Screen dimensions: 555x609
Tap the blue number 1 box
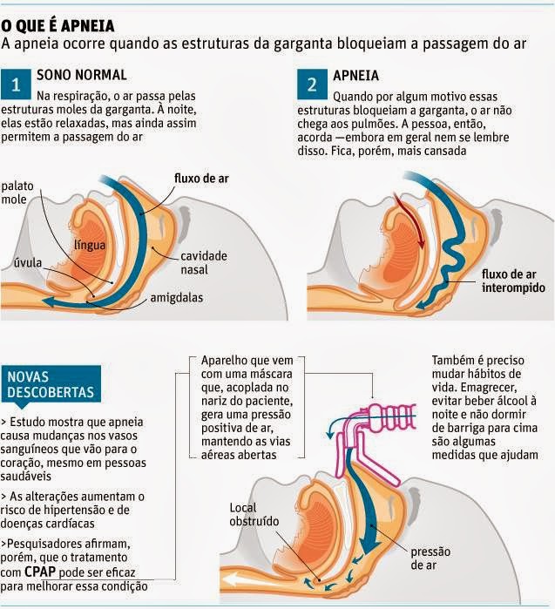coord(17,85)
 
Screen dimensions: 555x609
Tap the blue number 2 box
coord(311,85)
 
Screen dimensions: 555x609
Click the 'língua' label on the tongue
coord(91,246)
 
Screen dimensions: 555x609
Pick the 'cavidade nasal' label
coord(204,262)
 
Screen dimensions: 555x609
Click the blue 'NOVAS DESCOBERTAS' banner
coord(51,385)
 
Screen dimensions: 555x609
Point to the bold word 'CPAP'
coord(44,571)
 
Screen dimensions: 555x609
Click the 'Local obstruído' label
coord(254,515)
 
